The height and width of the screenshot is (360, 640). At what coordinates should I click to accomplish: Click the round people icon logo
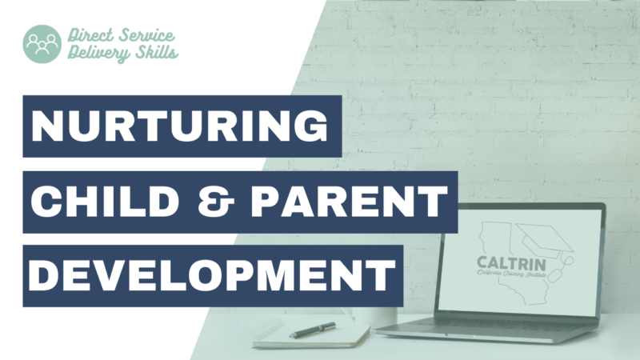coord(42,44)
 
